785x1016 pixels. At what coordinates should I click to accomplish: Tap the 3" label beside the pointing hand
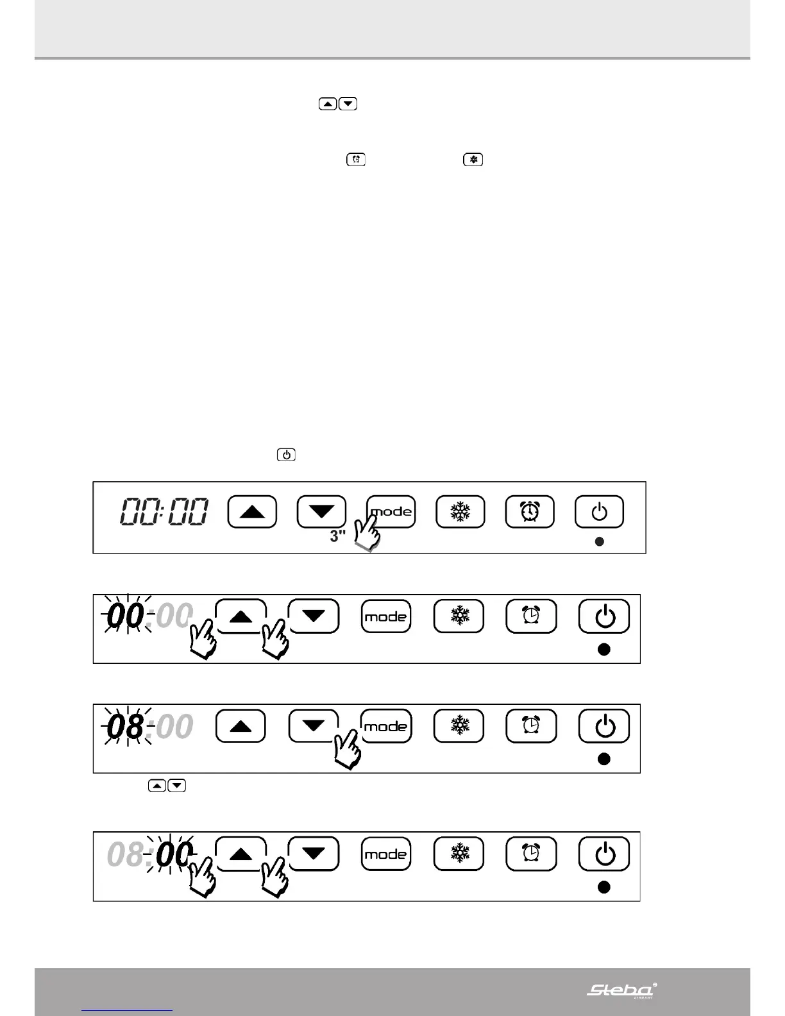point(337,536)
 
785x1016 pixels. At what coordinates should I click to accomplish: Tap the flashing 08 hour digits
point(126,727)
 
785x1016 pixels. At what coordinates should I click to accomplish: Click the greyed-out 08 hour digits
point(126,855)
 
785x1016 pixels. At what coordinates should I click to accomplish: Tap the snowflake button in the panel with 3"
point(460,512)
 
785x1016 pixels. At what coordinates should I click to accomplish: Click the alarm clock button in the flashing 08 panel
point(531,726)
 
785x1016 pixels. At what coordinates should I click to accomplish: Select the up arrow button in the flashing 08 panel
point(241,726)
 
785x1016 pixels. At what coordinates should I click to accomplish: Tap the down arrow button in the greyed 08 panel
point(314,854)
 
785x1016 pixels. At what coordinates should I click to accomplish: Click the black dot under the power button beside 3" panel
point(600,542)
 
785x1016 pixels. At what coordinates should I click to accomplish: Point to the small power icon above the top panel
point(286,455)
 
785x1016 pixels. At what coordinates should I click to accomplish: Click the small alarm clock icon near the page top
point(356,160)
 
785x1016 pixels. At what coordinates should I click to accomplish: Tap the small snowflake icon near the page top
point(473,160)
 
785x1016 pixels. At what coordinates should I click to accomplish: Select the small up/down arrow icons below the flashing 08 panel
point(167,786)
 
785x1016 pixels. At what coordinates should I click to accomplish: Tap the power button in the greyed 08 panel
point(604,854)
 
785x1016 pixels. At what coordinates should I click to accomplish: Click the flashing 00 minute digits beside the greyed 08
point(173,855)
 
